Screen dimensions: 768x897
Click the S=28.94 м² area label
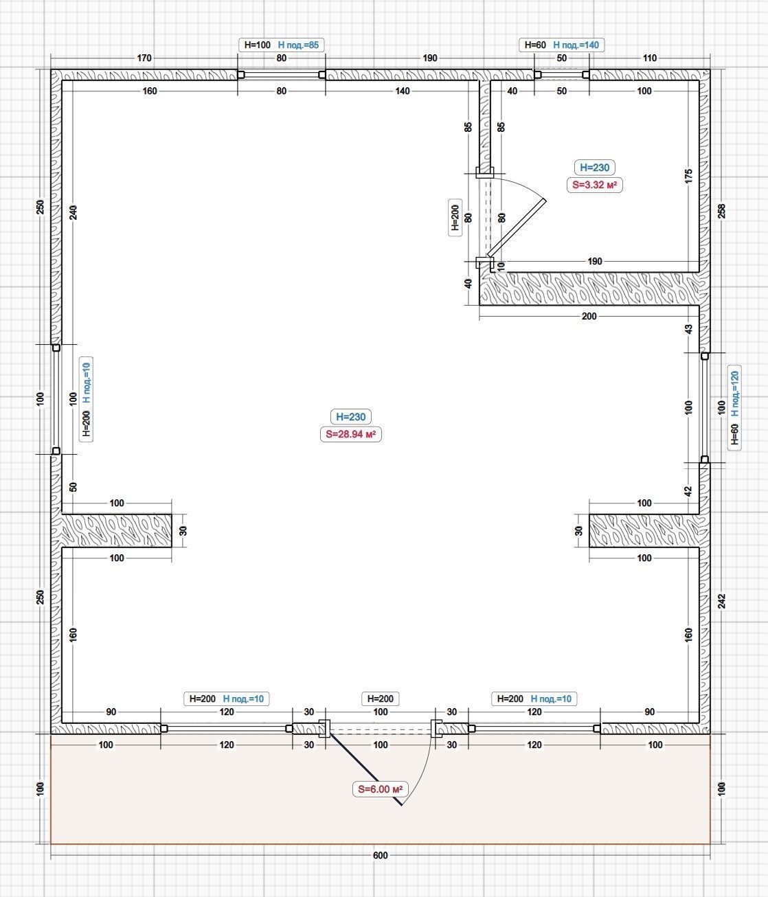pos(351,434)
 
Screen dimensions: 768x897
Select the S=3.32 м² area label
pos(594,185)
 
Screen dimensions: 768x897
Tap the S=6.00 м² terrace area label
pos(381,789)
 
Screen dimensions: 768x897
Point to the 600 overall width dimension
pos(381,855)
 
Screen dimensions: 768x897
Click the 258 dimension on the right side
pos(721,212)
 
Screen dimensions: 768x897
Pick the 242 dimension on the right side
pos(721,601)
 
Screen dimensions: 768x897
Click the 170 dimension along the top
pos(144,58)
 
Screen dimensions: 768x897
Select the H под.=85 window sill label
pos(298,45)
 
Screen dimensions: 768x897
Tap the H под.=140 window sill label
pos(576,45)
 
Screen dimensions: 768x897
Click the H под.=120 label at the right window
pos(734,394)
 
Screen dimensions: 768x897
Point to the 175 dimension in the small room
pos(688,177)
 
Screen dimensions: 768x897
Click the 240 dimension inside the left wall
pos(73,212)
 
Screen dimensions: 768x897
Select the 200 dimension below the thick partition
pos(589,316)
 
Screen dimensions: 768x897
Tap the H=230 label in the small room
pos(595,167)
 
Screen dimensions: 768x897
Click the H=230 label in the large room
pos(351,417)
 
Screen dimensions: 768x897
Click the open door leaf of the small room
pos(517,228)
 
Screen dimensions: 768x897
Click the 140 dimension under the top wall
pos(403,91)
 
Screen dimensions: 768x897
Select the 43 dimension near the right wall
pos(688,329)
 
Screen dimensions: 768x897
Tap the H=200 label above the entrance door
pos(381,699)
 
